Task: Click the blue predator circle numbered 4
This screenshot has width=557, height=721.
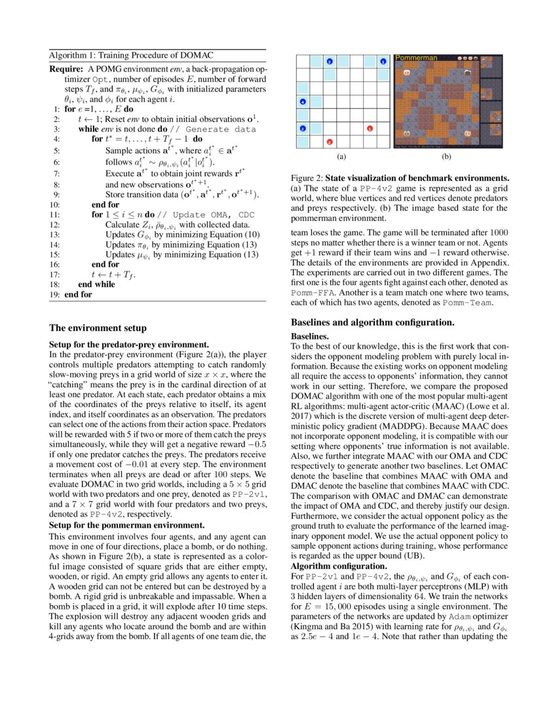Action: click(x=302, y=102)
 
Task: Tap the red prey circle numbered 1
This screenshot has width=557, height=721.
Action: click(x=370, y=128)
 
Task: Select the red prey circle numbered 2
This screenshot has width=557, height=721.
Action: click(x=329, y=142)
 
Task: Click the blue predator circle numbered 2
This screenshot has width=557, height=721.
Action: click(x=302, y=128)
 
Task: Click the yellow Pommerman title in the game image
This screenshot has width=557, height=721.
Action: click(x=417, y=58)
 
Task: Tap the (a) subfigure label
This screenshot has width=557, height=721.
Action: click(x=341, y=157)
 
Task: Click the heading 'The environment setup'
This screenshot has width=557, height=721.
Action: click(x=98, y=328)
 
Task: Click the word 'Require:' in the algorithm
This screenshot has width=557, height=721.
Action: click(x=66, y=69)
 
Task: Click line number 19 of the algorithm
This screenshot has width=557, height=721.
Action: click(x=54, y=295)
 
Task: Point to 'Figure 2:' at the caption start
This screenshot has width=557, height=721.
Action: click(x=307, y=178)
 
